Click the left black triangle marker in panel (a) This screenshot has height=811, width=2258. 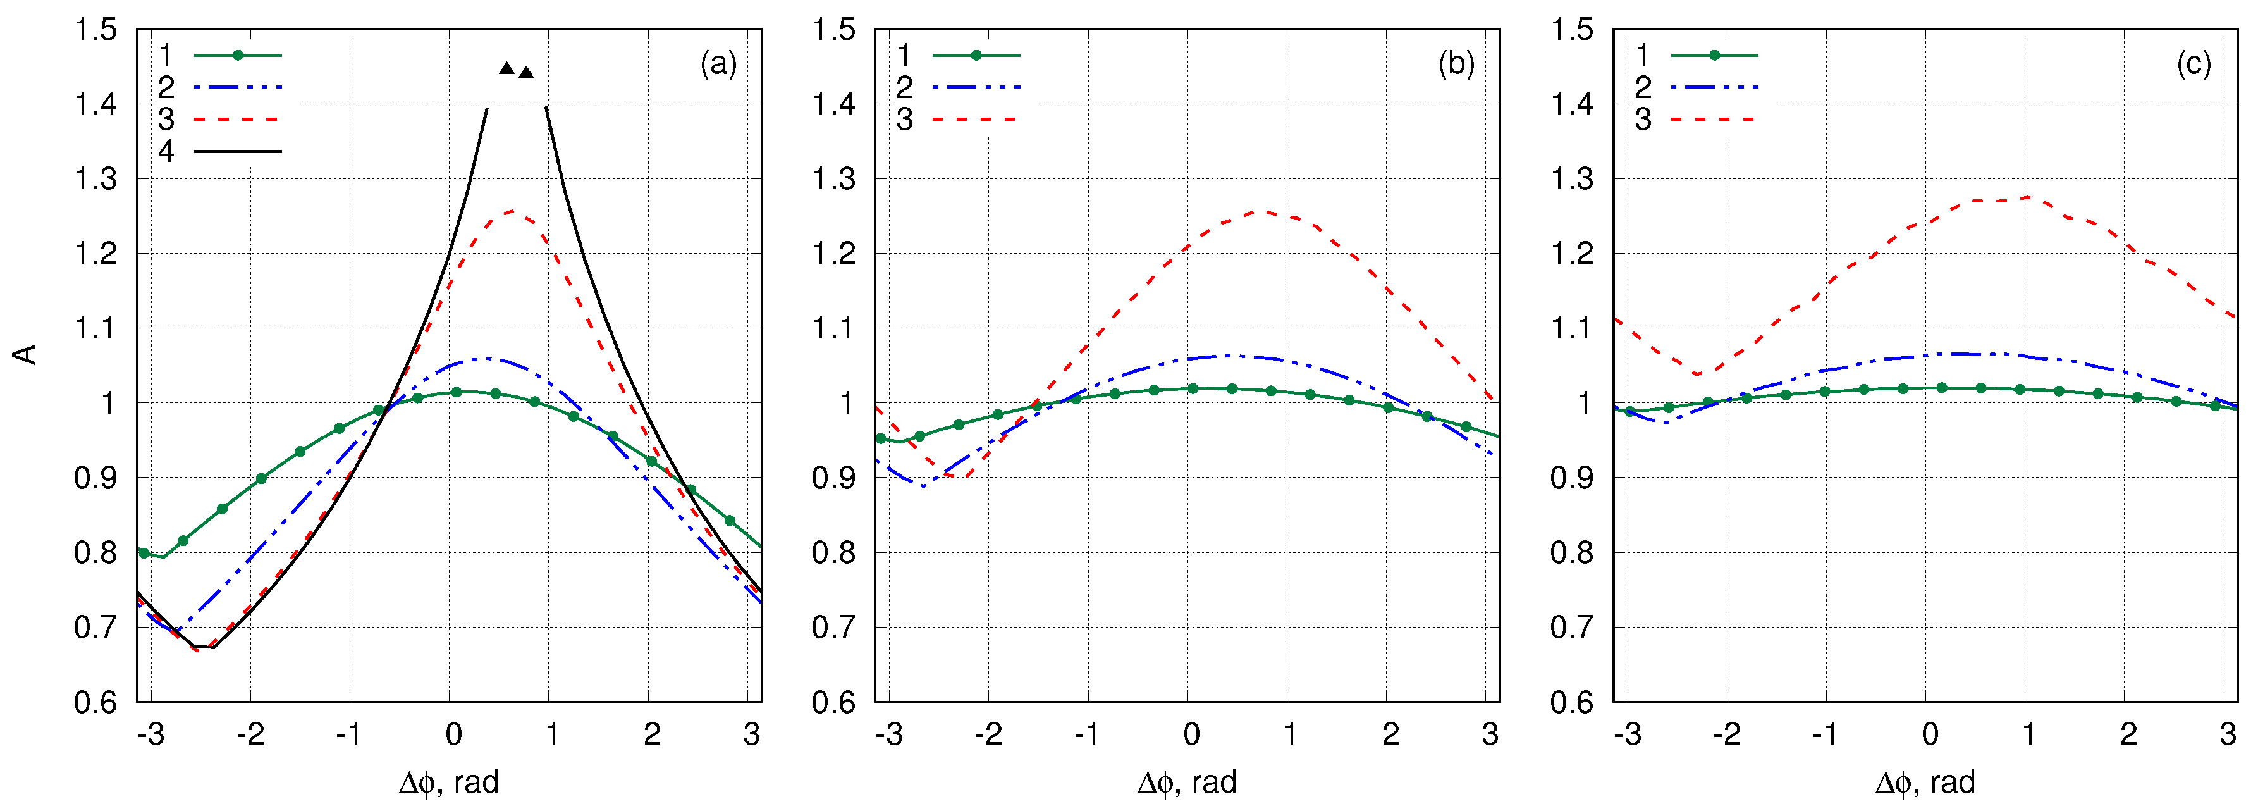click(x=506, y=68)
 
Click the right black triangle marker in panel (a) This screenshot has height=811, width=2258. click(x=526, y=73)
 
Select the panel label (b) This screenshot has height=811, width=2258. click(x=1456, y=64)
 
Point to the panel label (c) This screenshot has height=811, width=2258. click(x=2194, y=64)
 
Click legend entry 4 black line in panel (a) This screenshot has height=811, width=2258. click(x=238, y=151)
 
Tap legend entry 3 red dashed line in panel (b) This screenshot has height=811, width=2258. click(x=976, y=119)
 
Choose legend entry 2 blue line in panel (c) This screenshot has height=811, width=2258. click(x=1714, y=87)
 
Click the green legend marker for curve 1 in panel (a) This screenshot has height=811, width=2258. click(x=238, y=55)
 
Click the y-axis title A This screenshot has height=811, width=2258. click(x=27, y=354)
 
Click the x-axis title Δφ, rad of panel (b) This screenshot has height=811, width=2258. click(x=1187, y=782)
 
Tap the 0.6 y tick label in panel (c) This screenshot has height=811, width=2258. click(x=1572, y=702)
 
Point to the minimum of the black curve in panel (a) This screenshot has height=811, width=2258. click(x=204, y=647)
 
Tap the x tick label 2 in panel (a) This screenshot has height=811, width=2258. click(x=651, y=734)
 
